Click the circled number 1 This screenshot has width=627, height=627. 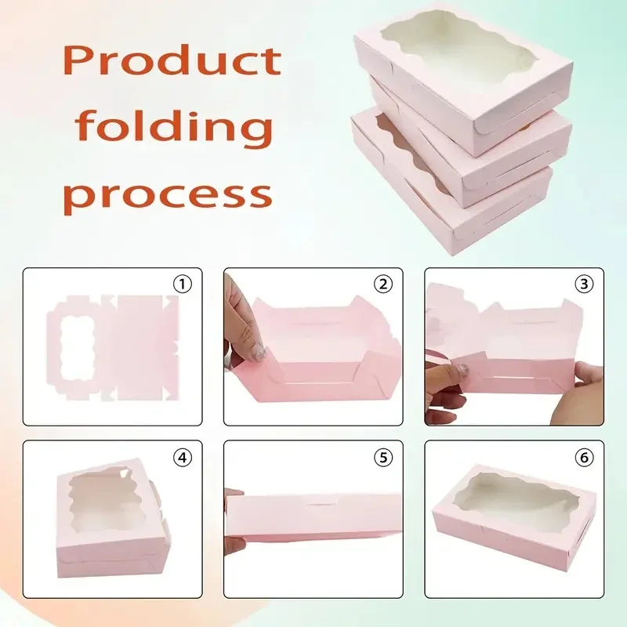(x=183, y=284)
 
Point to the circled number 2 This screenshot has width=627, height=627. (x=383, y=284)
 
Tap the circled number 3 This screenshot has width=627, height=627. (x=584, y=284)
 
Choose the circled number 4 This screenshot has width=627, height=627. (x=183, y=456)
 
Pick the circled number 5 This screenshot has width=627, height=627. (x=383, y=456)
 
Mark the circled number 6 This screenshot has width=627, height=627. (x=584, y=456)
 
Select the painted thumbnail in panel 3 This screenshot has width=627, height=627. (x=463, y=370)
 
